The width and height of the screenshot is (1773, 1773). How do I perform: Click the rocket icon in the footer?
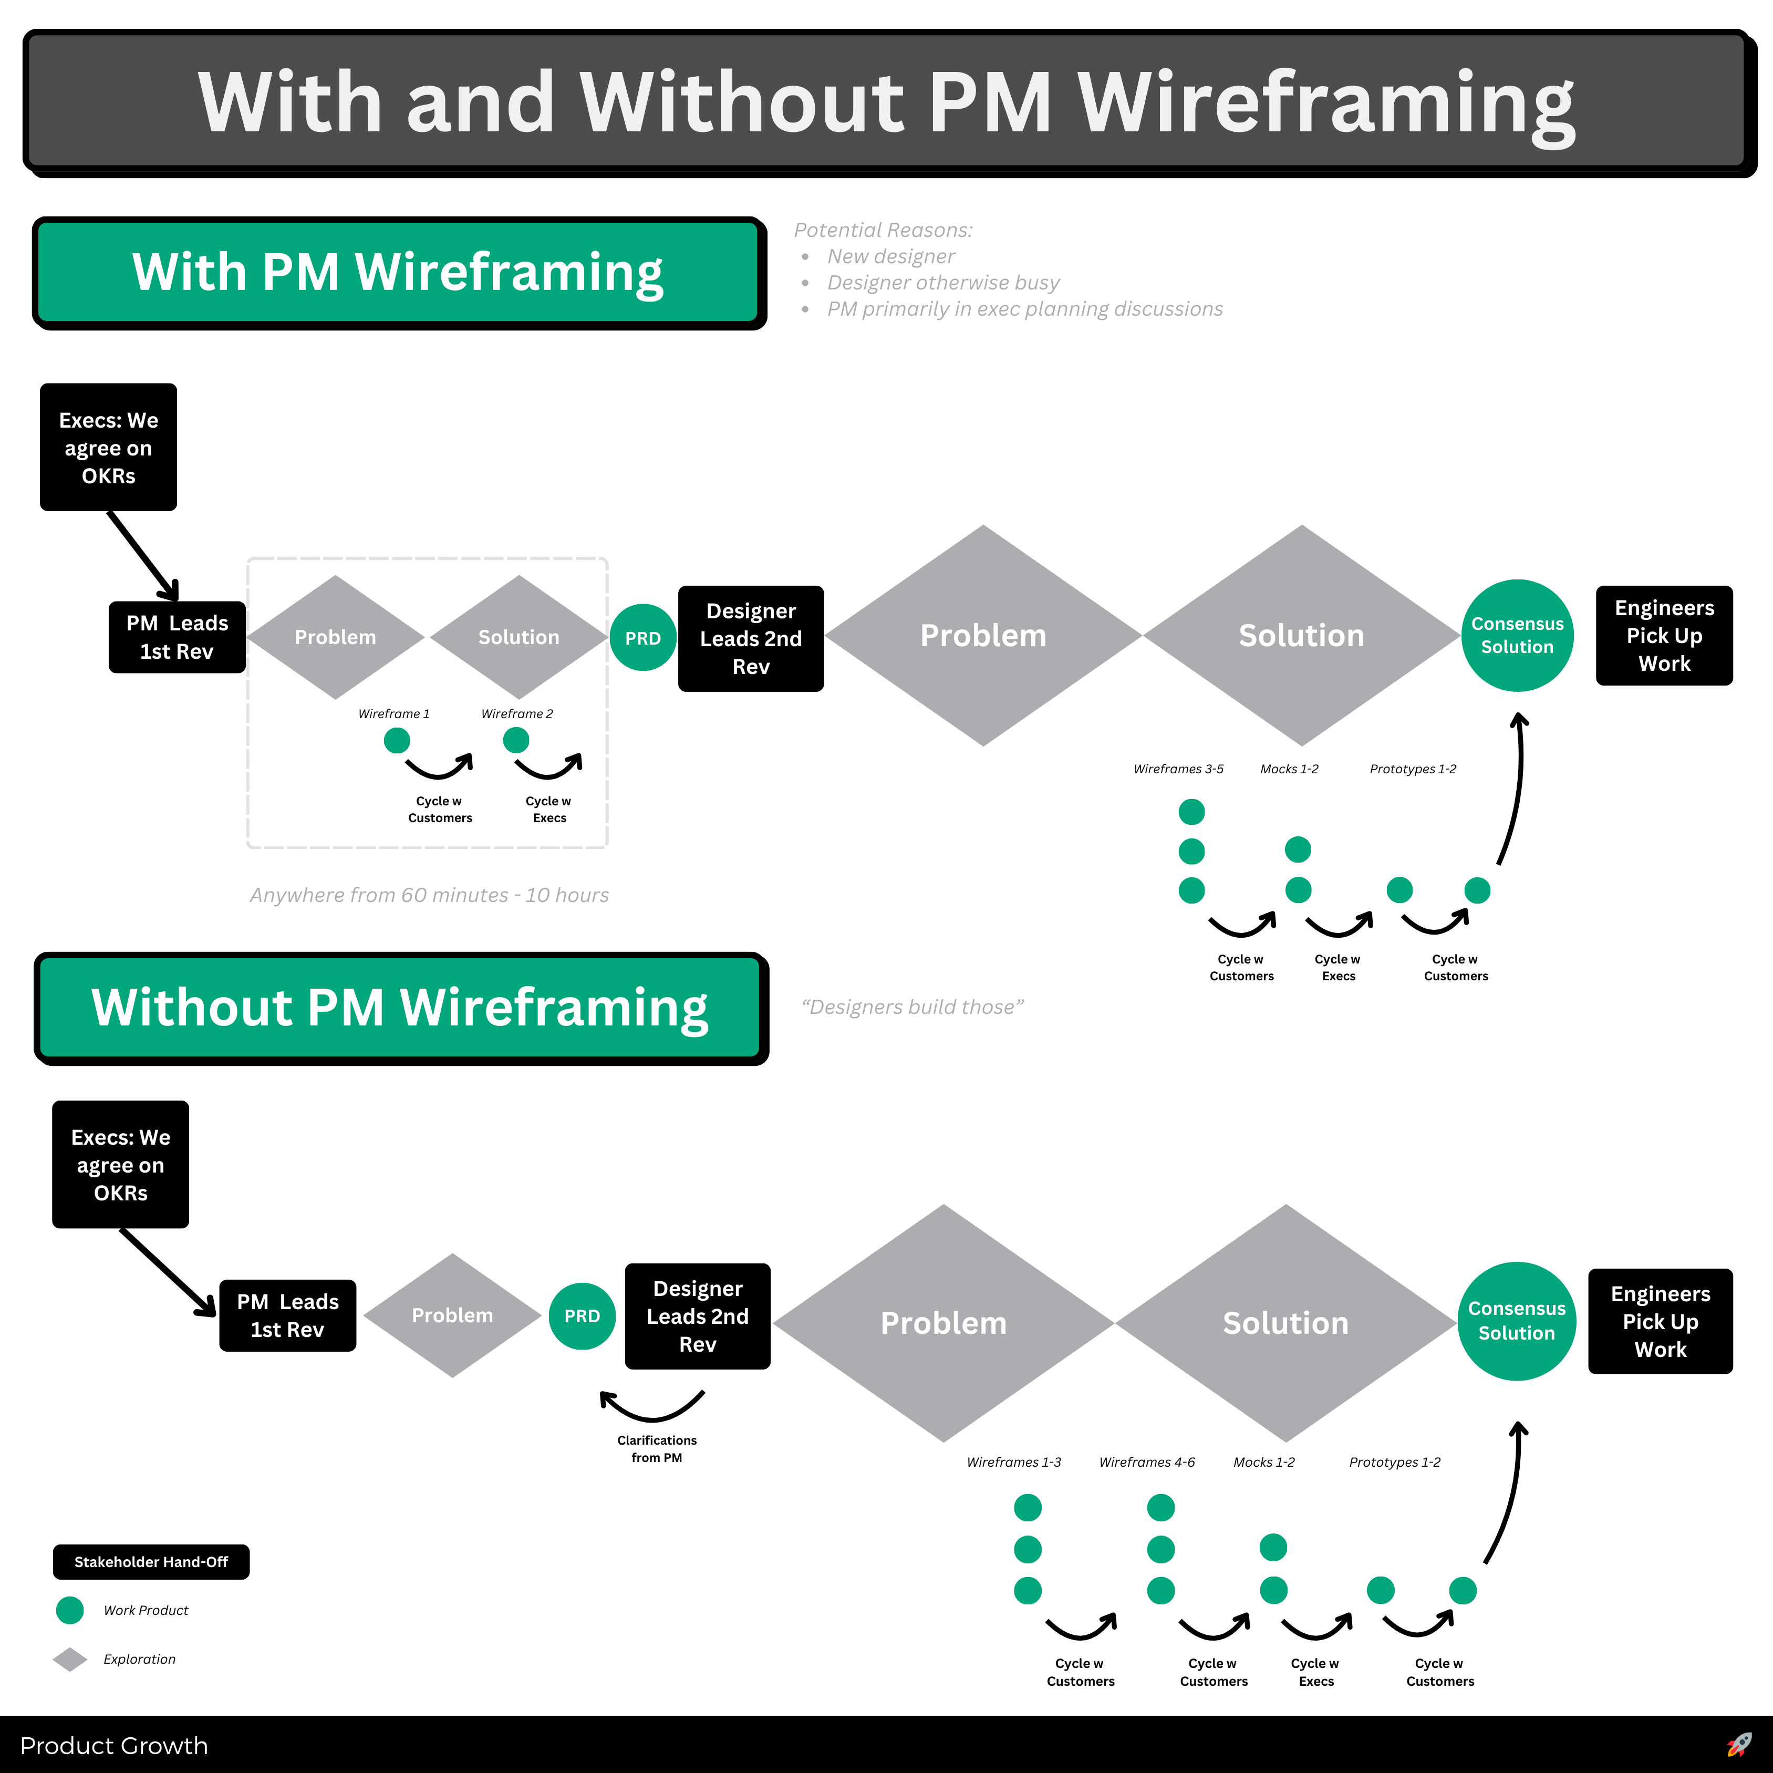click(1738, 1745)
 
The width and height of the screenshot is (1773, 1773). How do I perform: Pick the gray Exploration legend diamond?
click(70, 1659)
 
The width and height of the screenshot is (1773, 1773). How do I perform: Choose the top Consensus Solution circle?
click(1517, 635)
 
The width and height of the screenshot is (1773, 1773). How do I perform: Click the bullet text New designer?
click(890, 256)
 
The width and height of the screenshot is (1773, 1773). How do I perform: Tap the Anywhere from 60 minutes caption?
click(430, 895)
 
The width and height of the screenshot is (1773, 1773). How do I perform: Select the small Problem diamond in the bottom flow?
click(452, 1315)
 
